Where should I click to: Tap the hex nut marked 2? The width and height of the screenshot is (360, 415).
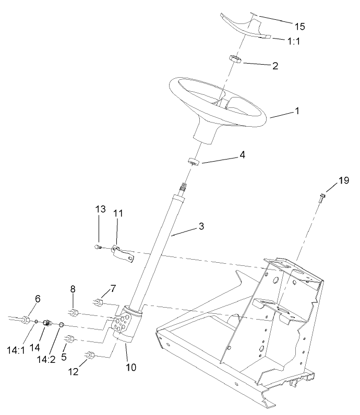(235, 60)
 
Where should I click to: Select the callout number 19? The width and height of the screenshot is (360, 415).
(343, 181)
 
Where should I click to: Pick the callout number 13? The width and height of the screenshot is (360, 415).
(100, 210)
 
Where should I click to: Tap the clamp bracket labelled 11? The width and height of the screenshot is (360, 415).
(124, 254)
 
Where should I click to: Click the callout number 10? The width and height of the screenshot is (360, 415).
(130, 367)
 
